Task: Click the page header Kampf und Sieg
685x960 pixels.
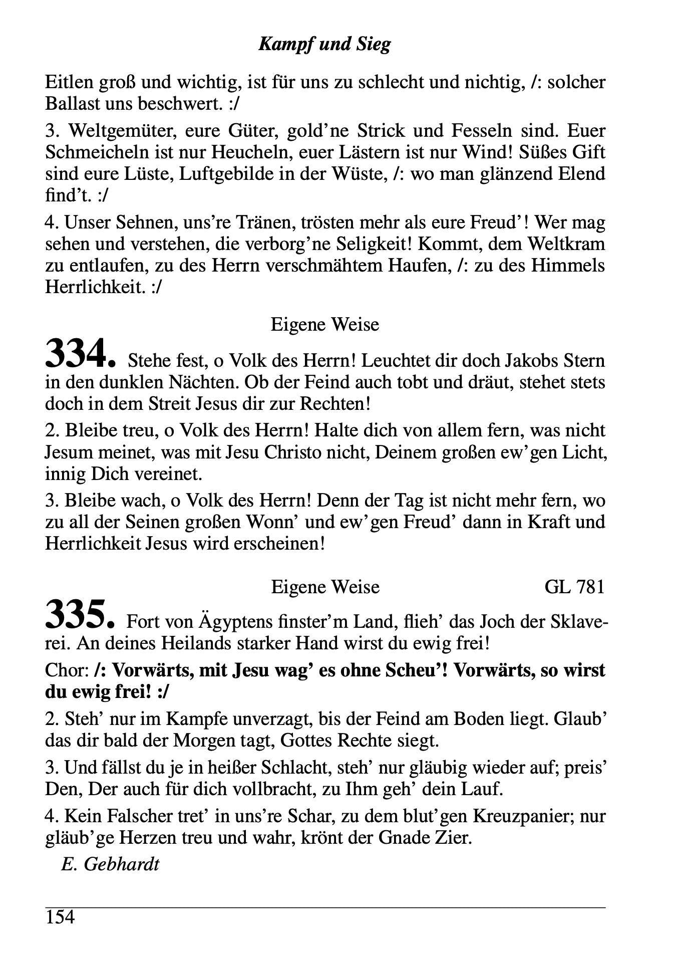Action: click(x=324, y=44)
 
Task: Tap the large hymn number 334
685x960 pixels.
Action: click(x=81, y=353)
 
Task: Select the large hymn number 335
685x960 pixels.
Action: click(x=80, y=615)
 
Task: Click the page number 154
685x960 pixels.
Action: click(x=60, y=917)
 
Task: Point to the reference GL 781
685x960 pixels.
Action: click(x=574, y=586)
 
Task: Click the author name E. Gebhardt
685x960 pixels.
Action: click(x=110, y=864)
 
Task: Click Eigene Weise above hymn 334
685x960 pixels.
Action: click(x=324, y=325)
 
